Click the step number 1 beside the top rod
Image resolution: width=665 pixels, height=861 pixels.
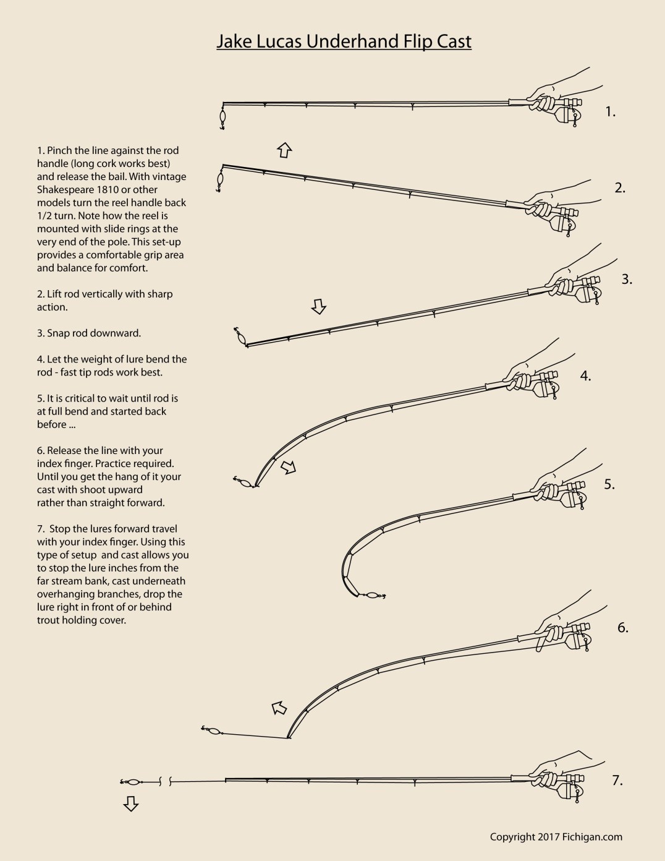tap(611, 112)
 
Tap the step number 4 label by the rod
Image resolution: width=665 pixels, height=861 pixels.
tap(585, 375)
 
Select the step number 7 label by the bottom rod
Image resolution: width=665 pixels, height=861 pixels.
tap(617, 781)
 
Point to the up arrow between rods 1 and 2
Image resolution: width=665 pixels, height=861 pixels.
tap(284, 149)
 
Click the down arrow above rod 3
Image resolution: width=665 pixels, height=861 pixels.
tap(318, 306)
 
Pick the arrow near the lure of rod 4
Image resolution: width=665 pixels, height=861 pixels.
tap(289, 468)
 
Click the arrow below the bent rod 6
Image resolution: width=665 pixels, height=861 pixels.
tap(280, 706)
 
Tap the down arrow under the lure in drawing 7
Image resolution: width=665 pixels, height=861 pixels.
tap(130, 803)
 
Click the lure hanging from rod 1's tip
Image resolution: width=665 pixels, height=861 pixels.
tap(222, 117)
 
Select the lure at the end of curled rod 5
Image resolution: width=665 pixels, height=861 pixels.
tap(372, 596)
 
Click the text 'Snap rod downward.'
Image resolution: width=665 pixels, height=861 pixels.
tap(88, 333)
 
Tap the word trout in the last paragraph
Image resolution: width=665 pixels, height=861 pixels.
tap(51, 620)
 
